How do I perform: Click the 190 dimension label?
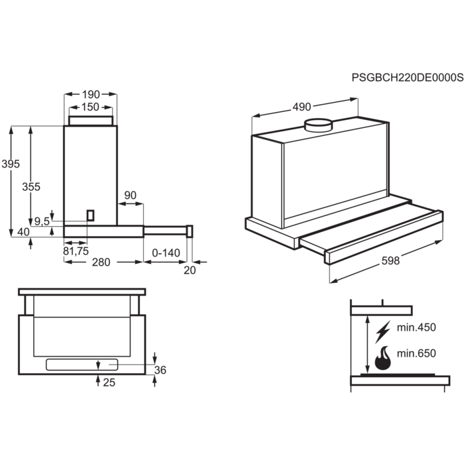(x=90, y=94)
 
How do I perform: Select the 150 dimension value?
(x=90, y=107)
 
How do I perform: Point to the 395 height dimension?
(x=11, y=164)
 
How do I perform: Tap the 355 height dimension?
(x=31, y=187)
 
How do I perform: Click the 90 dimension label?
(x=130, y=195)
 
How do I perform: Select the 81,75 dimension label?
(x=75, y=251)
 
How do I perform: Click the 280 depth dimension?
(x=101, y=262)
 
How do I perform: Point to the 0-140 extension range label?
(x=166, y=253)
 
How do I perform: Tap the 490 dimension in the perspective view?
(x=302, y=107)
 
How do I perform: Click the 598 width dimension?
(x=391, y=261)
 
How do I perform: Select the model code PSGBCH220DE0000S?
(x=406, y=78)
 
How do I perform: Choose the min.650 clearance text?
(x=417, y=354)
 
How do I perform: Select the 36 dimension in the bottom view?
(x=159, y=370)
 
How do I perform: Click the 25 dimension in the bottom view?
(x=109, y=382)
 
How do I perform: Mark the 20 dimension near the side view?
(x=190, y=269)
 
